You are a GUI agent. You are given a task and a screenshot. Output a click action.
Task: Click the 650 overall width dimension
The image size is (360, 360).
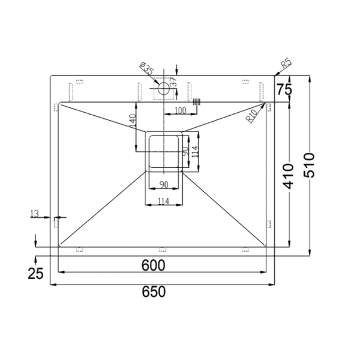coord(154,292)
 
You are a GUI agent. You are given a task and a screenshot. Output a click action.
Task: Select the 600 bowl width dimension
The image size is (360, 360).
coord(153,265)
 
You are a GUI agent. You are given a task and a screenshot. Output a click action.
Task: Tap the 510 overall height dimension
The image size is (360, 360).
coord(309,165)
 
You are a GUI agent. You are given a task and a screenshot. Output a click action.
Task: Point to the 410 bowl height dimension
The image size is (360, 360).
coord(288,176)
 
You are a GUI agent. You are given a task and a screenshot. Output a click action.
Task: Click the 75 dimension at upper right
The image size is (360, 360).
coord(284,89)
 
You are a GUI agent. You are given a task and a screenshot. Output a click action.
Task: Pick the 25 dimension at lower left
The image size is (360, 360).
coord(35,274)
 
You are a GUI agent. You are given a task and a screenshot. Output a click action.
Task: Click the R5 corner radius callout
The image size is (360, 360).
coord(286,64)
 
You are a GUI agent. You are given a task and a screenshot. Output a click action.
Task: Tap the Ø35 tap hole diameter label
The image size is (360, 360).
coord(146,68)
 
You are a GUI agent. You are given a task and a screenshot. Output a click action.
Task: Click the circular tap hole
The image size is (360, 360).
coord(164,88)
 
